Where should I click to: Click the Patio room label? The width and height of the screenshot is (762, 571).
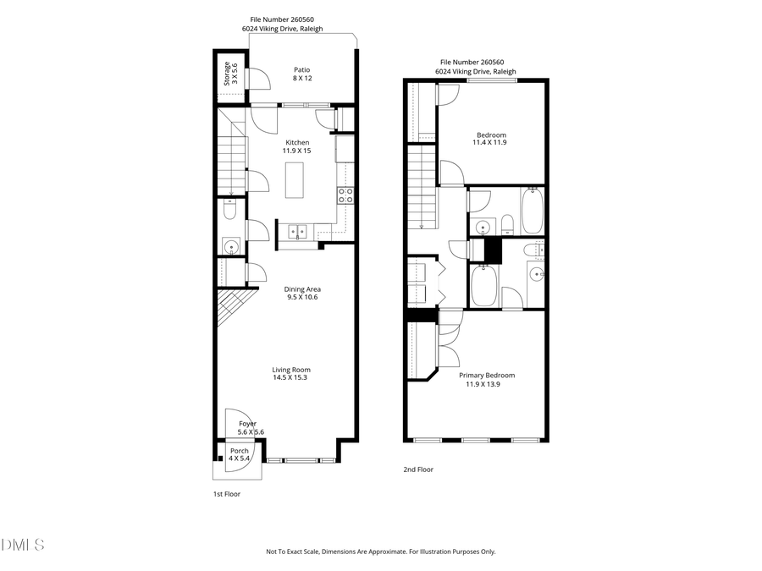coord(301,75)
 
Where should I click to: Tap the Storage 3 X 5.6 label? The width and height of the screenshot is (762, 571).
coord(230,74)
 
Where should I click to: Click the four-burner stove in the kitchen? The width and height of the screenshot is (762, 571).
coord(345,195)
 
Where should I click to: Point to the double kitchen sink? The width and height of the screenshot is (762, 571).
coord(297,230)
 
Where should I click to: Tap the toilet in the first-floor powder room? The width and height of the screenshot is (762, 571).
coord(230,210)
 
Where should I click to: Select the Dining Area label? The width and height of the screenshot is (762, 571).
coord(302,294)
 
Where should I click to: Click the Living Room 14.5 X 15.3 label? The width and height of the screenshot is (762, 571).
coord(290,374)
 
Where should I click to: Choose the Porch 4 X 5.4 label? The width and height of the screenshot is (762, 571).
coord(240,455)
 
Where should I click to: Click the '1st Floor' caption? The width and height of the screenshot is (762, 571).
coord(226,494)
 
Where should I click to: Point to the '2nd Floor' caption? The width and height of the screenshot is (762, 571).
coord(418,469)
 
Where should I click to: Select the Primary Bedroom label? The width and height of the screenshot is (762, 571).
coord(486,380)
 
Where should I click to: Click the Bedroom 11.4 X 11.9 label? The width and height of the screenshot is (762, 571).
coord(490,139)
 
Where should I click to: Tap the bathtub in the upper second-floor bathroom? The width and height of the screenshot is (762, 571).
coord(532,211)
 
